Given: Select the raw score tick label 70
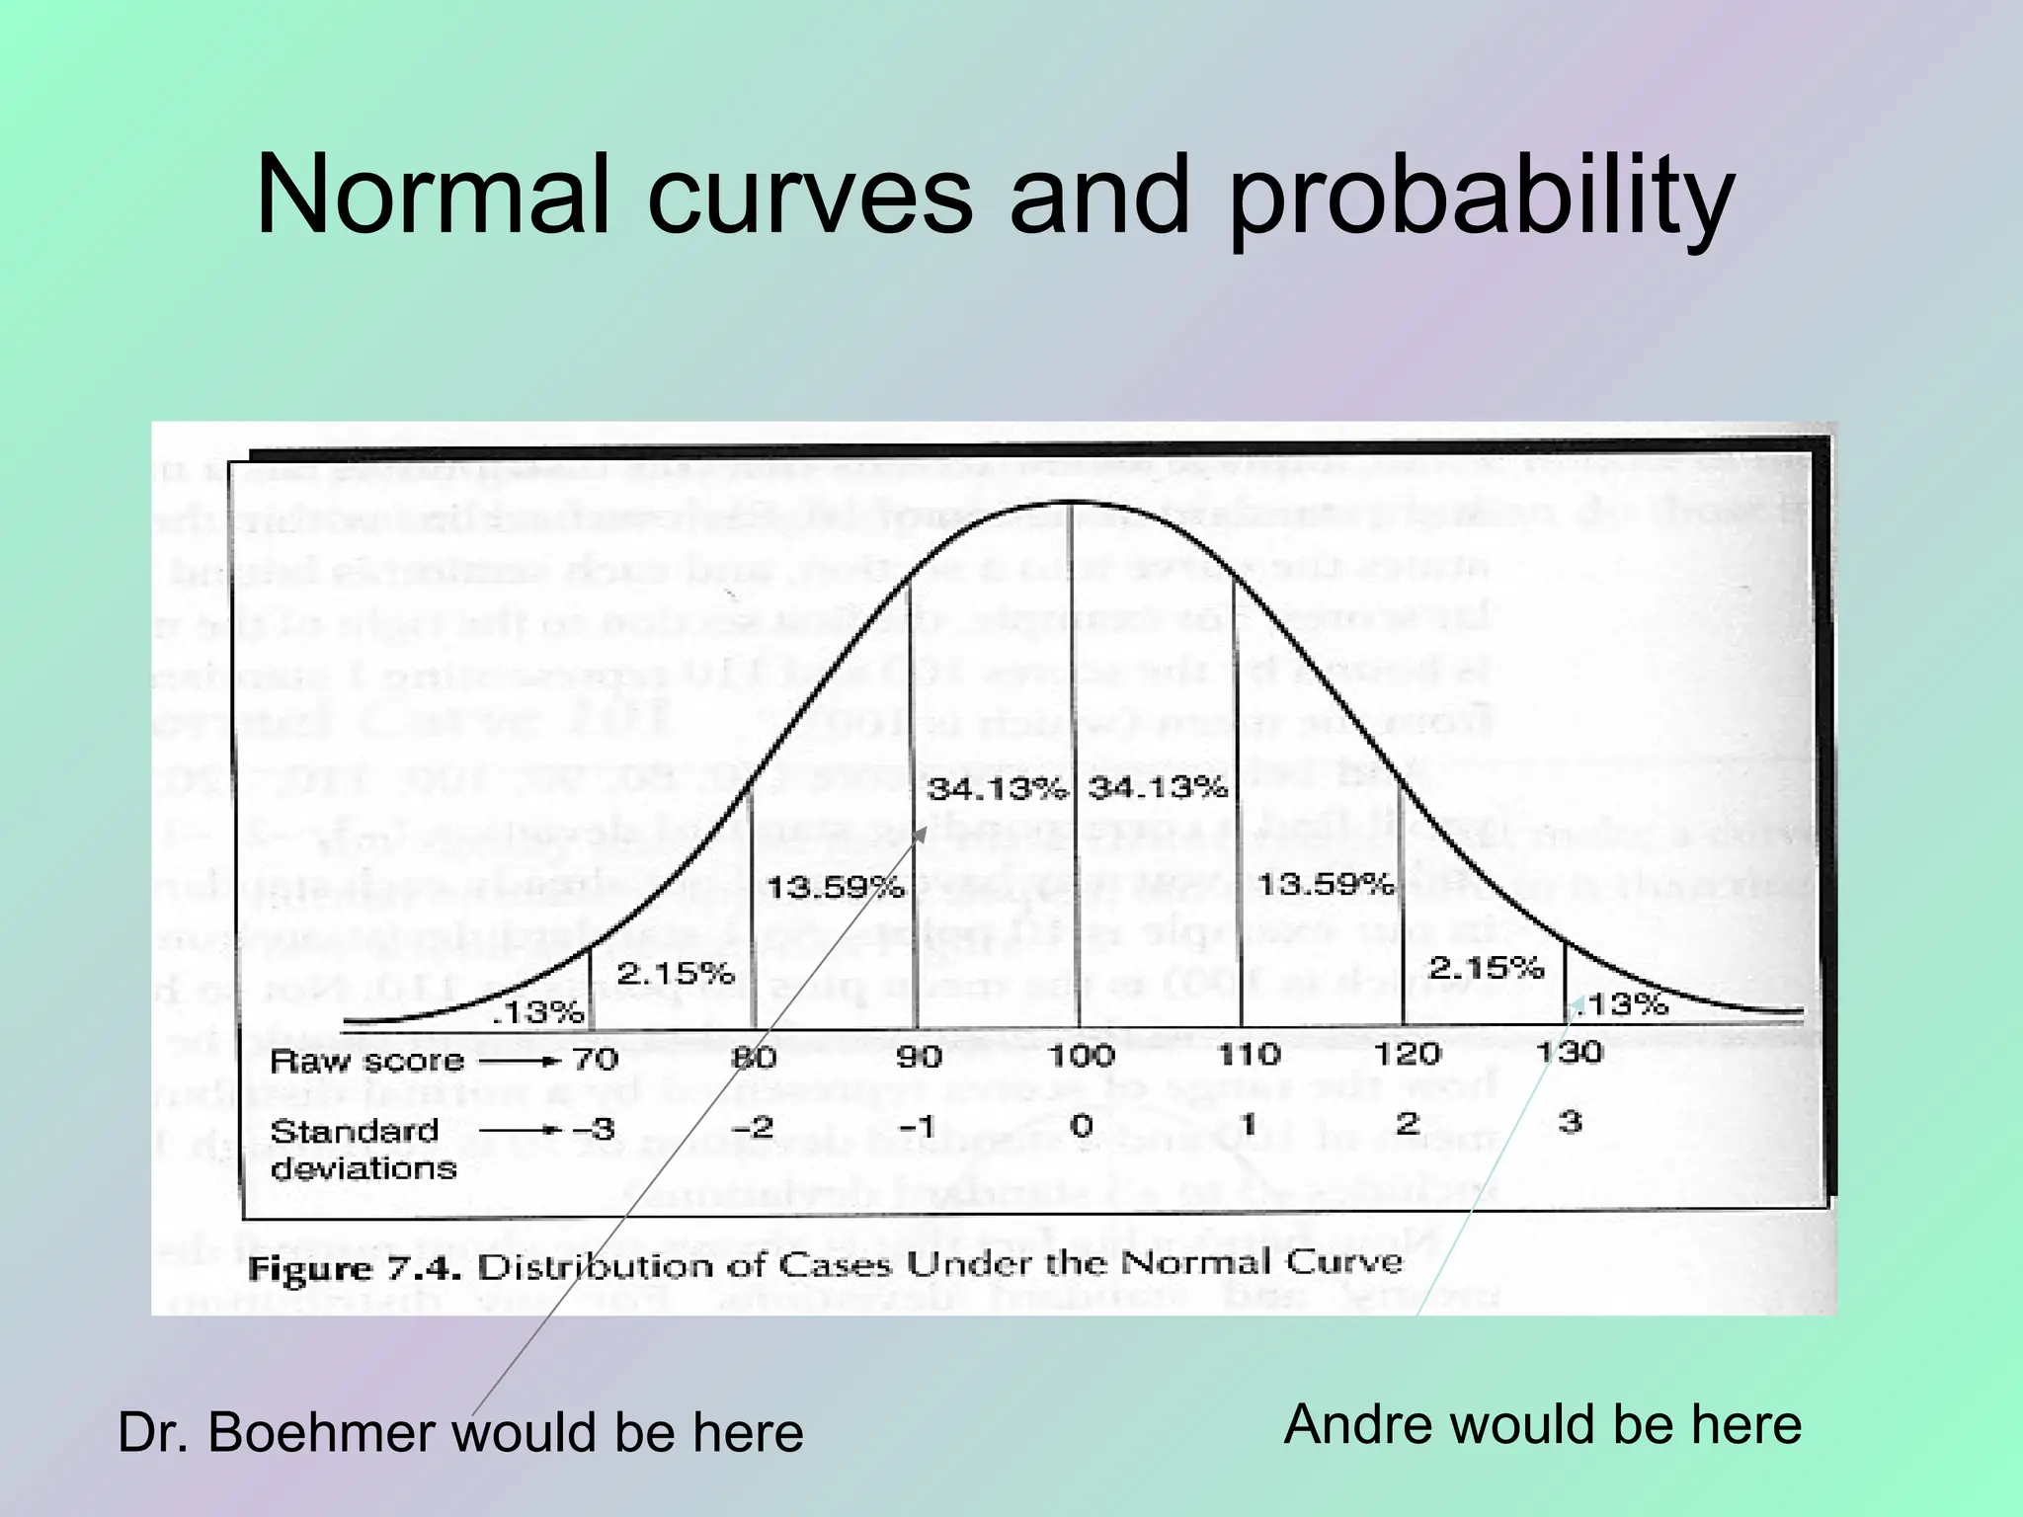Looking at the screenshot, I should coord(595,1060).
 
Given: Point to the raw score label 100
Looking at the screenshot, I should coord(1081,1056).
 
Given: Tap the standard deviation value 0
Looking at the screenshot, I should coord(1082,1126).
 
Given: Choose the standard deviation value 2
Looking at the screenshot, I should coord(1408,1123).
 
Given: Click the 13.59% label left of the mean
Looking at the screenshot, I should coord(835,887).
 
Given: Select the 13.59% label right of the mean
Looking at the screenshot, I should coord(1325,883).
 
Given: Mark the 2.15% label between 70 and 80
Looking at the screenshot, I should coord(676,974).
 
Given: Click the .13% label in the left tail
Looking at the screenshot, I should coord(538,1012).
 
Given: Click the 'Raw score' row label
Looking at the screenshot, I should coord(366,1061).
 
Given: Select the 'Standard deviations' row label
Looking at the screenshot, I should coord(362,1150).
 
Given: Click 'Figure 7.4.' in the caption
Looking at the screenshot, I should coord(355,1269).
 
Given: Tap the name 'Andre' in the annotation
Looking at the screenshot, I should coord(1358,1425).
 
